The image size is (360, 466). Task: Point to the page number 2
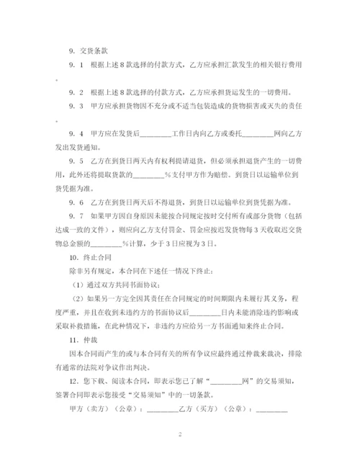pyautogui.click(x=180, y=436)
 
